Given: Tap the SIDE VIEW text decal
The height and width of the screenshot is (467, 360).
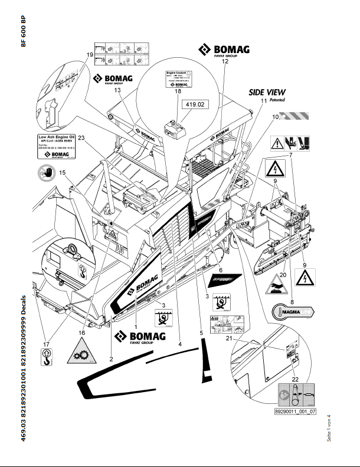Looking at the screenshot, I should [x=267, y=92].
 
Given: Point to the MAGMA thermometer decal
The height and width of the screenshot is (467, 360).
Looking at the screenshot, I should [x=290, y=311].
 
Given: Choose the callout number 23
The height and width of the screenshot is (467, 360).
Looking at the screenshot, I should [x=81, y=138].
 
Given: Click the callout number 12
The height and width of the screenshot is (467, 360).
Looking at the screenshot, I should [x=224, y=61].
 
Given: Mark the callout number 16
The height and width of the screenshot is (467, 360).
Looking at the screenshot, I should [x=82, y=333].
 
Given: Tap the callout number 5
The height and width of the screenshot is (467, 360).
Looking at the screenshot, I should [x=201, y=333].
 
